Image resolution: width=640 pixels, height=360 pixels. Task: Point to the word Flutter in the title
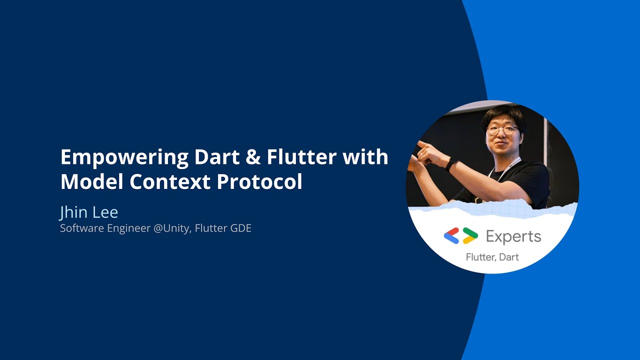pos(301,157)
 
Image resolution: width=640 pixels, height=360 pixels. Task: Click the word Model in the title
pos(91,181)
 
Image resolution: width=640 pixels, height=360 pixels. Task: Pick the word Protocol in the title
pos(259,182)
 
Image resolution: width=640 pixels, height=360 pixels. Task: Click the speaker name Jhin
pos(73,212)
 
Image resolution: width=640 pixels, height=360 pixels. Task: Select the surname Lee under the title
pos(105,212)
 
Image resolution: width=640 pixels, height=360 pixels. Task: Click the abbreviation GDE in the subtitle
pos(240,228)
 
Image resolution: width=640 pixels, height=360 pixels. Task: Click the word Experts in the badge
pos(513,236)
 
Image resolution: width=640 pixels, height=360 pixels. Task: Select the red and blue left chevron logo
pos(451,235)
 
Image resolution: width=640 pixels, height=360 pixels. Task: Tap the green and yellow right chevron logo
pos(470,235)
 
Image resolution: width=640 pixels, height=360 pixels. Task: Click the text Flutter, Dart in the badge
pos(492,257)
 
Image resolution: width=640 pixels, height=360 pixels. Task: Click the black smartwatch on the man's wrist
pos(452,163)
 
